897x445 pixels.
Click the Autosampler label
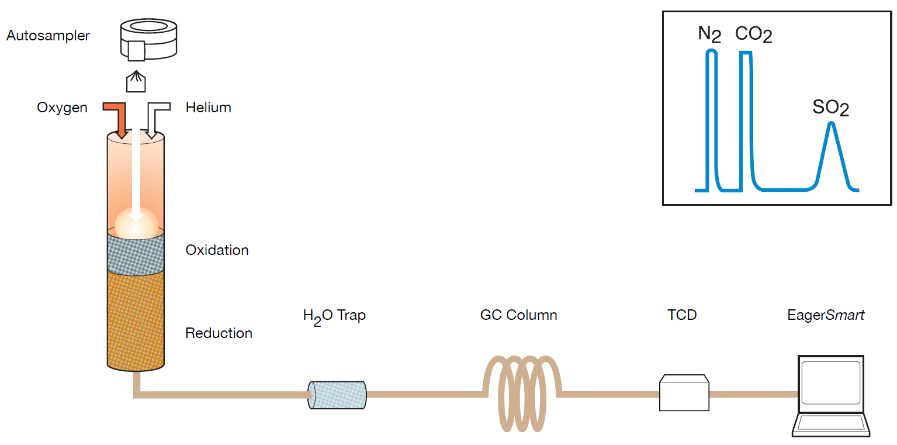click(x=48, y=36)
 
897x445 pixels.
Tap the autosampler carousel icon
click(x=148, y=38)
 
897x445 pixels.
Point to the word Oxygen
click(x=62, y=108)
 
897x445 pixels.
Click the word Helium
click(x=208, y=108)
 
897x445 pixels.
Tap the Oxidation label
click(x=217, y=250)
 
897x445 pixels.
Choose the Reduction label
click(x=219, y=333)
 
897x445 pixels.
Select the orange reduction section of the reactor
click(x=136, y=319)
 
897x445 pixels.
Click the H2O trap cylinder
click(x=337, y=395)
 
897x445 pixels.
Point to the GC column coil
click(x=521, y=392)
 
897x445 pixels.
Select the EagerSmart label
click(x=825, y=315)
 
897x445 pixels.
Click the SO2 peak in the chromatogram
click(x=830, y=155)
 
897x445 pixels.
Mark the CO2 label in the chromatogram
click(x=753, y=35)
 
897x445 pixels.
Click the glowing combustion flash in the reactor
click(x=136, y=223)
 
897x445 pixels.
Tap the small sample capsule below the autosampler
click(x=136, y=82)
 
